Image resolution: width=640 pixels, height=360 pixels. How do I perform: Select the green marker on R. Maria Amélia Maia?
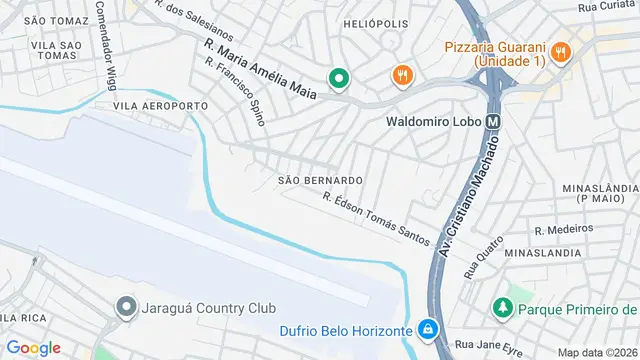[x=339, y=77]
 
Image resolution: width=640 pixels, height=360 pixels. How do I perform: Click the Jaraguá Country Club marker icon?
[x=127, y=308]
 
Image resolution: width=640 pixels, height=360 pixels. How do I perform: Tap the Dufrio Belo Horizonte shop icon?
[x=427, y=329]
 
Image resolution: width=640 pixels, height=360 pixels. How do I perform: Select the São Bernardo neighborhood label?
[x=320, y=180]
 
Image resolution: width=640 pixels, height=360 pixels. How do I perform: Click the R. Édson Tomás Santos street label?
[x=376, y=220]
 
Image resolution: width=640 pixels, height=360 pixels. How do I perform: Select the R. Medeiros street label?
[x=564, y=229]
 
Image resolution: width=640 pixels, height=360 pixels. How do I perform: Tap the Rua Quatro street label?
[x=482, y=256]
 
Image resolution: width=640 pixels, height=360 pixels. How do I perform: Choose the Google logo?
[x=33, y=347]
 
